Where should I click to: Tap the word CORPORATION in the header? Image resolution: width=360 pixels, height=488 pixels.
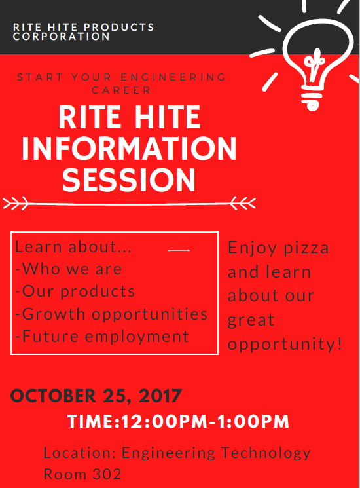[62, 37]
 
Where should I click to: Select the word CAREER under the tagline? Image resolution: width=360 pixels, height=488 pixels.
[121, 90]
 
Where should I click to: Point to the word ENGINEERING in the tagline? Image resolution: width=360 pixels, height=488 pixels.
[173, 77]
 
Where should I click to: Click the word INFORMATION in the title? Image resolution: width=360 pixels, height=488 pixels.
[130, 149]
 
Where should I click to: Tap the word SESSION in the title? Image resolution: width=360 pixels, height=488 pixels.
[129, 179]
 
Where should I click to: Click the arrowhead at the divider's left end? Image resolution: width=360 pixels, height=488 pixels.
[16, 203]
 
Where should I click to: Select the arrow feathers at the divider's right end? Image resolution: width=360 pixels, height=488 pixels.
[243, 203]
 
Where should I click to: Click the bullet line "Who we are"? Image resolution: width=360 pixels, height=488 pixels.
[68, 269]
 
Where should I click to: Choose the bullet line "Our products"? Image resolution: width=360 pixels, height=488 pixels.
[75, 291]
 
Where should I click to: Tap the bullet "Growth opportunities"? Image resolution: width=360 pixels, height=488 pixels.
[111, 314]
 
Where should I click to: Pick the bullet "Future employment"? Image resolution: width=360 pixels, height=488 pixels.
[102, 337]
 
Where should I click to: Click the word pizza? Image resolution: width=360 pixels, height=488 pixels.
[306, 249]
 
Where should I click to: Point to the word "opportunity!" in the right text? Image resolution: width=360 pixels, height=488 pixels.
[285, 345]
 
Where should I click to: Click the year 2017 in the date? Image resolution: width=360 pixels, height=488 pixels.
[160, 396]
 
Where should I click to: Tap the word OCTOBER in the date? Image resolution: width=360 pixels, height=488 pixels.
[54, 396]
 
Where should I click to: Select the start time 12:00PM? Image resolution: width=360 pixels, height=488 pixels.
[164, 422]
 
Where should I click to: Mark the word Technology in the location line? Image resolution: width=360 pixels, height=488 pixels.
[266, 453]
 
